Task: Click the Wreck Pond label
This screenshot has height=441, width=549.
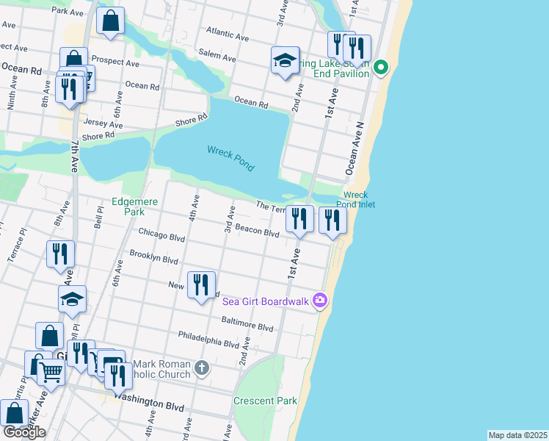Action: tap(230, 158)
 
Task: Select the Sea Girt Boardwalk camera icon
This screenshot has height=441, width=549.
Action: tap(319, 300)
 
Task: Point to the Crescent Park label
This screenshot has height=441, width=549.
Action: tap(265, 401)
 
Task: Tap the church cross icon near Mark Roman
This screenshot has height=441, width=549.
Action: tap(202, 367)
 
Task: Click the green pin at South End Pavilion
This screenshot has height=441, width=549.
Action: tap(381, 69)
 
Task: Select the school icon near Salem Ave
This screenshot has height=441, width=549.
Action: tap(284, 61)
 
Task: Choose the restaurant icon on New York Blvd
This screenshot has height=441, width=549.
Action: tap(201, 284)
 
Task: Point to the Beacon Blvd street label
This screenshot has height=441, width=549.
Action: tap(257, 232)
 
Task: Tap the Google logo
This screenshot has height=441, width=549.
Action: tap(24, 432)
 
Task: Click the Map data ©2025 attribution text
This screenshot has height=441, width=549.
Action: tap(517, 435)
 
